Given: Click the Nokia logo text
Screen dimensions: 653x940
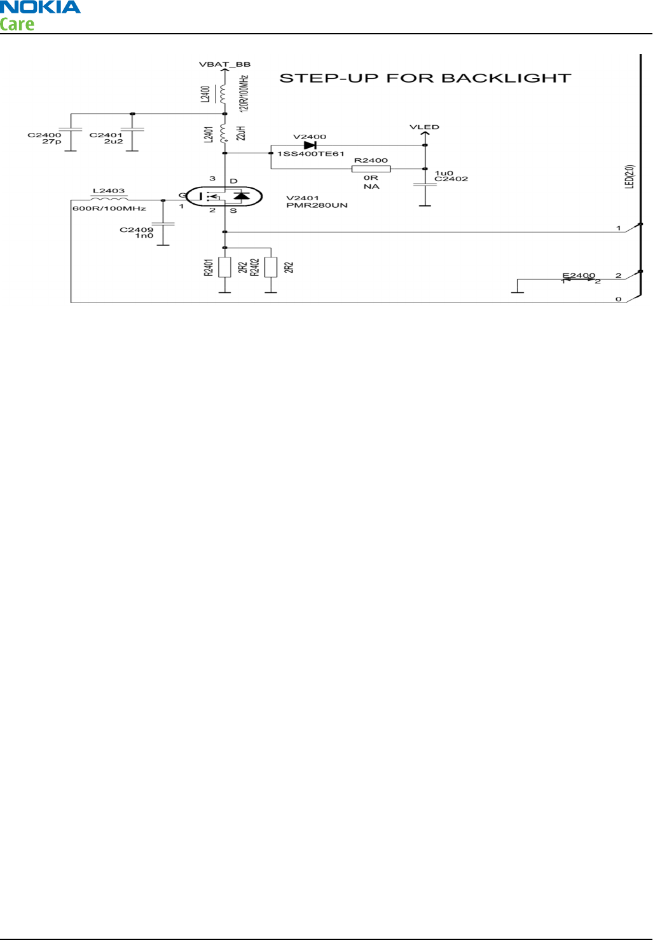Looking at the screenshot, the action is click(40, 8).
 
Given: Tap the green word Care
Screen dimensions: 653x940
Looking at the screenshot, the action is click(17, 25).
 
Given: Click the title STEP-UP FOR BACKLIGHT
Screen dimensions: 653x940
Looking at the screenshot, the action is click(425, 78).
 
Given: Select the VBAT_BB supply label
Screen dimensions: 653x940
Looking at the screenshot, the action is click(224, 64).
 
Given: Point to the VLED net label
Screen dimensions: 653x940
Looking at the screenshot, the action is click(424, 127).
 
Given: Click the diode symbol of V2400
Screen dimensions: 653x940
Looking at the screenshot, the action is click(310, 146).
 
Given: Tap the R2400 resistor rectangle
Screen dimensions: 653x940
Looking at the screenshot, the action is click(371, 169).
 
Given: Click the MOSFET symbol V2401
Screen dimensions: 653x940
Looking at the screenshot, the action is click(224, 196).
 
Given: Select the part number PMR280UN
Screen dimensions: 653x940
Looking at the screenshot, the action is click(317, 205).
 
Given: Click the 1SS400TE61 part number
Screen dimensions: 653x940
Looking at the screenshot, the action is click(311, 154).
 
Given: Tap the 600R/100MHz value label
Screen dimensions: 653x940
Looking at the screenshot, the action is click(109, 208).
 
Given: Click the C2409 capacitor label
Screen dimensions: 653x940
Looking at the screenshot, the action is click(137, 229).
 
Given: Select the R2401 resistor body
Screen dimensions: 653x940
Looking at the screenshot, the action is click(224, 267).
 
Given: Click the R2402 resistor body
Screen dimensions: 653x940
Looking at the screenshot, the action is click(271, 267).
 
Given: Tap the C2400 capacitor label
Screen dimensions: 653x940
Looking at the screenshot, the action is click(45, 135).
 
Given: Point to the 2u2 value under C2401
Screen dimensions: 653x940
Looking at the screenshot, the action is click(114, 142).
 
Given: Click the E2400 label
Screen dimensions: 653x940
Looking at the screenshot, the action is click(579, 275).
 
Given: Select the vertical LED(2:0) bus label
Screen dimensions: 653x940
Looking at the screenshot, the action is click(629, 177).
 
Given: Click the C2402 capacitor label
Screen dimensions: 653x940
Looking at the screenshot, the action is click(451, 179).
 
